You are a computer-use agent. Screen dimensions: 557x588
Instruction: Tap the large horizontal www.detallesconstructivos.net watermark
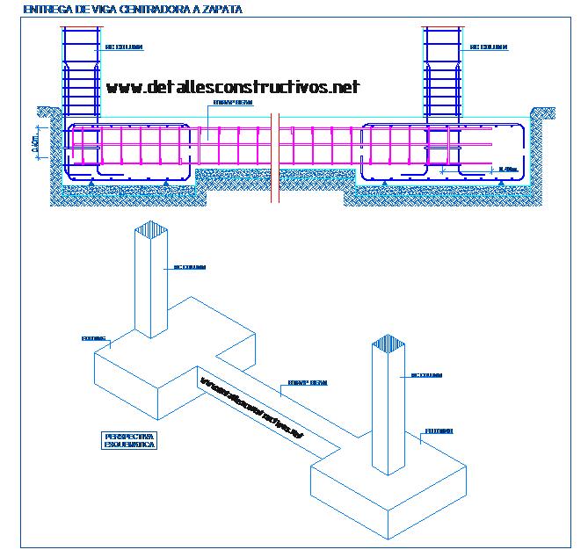[233, 87]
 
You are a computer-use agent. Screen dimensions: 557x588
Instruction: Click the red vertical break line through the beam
[272, 158]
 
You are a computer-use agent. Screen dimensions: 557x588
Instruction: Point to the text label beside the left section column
[123, 46]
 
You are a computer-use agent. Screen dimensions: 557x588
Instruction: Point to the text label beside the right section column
[489, 47]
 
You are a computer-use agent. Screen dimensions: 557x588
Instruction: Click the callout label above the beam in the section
[233, 103]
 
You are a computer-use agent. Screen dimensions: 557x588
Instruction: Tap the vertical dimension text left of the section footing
[34, 143]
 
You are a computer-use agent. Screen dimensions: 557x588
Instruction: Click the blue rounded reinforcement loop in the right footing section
[443, 155]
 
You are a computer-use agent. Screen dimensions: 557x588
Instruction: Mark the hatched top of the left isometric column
[151, 231]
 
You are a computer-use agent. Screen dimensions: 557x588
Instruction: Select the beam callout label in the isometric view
[308, 383]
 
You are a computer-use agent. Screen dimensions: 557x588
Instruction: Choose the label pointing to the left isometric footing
[93, 337]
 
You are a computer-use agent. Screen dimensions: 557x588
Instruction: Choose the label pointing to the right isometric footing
[438, 430]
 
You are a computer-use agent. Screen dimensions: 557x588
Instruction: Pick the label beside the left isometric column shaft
[190, 265]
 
